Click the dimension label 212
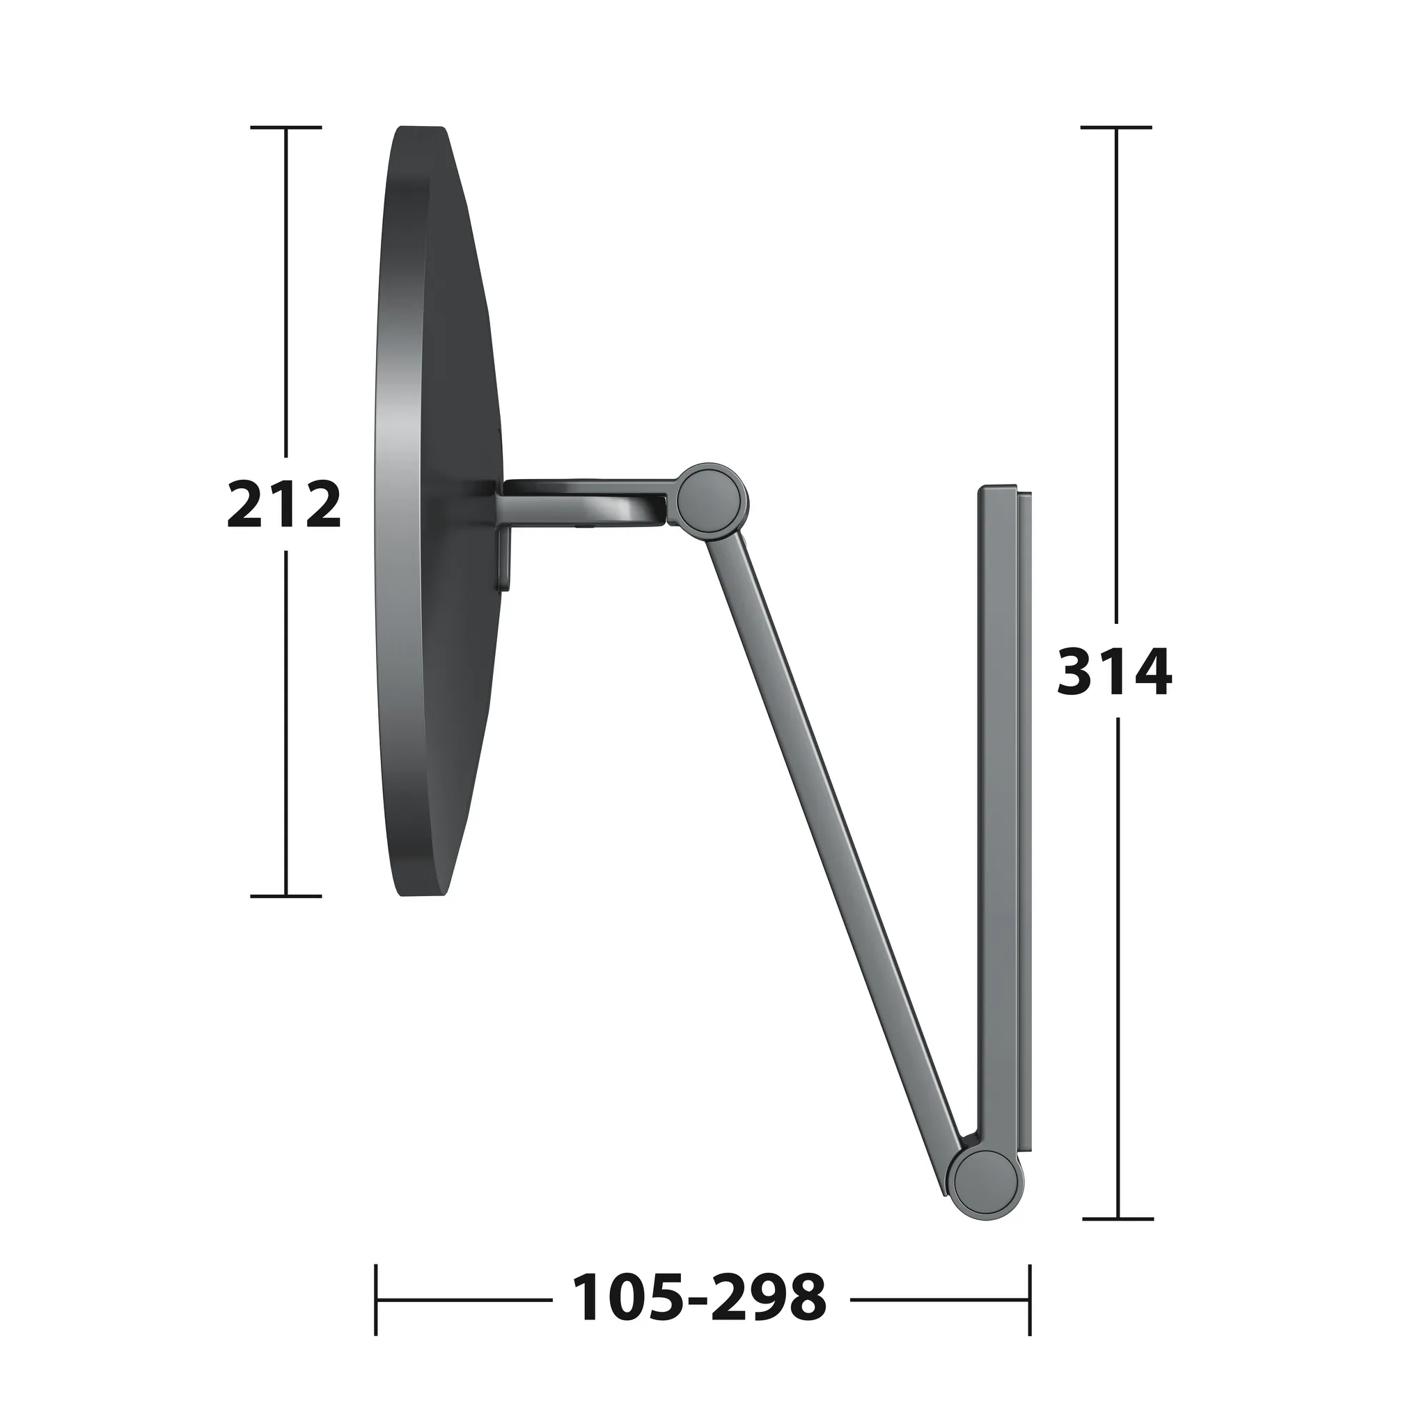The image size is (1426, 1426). pyautogui.click(x=284, y=504)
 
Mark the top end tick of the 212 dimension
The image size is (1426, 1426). pyautogui.click(x=286, y=127)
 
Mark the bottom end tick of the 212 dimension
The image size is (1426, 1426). pyautogui.click(x=286, y=896)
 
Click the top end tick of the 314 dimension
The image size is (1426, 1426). pyautogui.click(x=1116, y=127)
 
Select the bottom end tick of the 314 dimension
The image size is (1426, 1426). pyautogui.click(x=1118, y=1219)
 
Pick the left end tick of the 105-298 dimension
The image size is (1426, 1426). pyautogui.click(x=376, y=1299)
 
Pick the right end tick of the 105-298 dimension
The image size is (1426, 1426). pyautogui.click(x=1030, y=1299)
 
